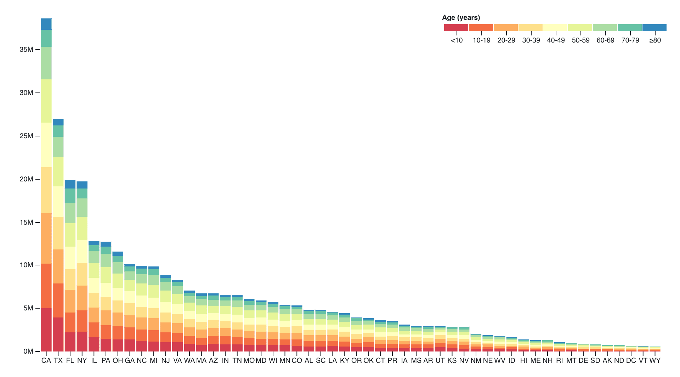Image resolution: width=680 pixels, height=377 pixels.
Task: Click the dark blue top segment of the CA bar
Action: tap(46, 24)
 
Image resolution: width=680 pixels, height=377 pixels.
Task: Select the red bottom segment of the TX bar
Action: tap(58, 334)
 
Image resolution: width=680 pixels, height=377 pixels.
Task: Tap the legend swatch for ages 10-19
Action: tap(481, 28)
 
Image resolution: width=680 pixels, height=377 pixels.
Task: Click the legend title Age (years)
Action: tap(461, 18)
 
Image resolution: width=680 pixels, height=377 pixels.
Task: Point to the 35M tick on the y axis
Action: tap(26, 50)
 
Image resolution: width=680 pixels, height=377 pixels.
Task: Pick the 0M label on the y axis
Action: tap(28, 351)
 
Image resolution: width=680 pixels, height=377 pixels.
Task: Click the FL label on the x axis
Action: tap(70, 361)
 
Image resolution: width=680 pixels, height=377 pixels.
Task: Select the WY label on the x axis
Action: tap(655, 361)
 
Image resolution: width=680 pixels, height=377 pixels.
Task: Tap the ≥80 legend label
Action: tap(655, 40)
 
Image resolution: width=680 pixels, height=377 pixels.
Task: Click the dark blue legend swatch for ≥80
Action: tap(654, 28)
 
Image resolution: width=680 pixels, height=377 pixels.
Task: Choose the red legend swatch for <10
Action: tap(456, 28)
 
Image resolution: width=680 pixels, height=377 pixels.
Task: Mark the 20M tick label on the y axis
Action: tap(26, 179)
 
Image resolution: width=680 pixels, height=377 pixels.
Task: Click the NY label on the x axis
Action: tap(82, 361)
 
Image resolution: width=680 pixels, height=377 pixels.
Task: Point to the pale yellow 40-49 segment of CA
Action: tap(46, 145)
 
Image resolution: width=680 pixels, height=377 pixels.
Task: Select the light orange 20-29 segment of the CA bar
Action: tap(46, 238)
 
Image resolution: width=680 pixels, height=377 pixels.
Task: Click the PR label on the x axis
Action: tap(392, 361)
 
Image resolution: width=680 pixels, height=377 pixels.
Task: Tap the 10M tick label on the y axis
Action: tap(26, 265)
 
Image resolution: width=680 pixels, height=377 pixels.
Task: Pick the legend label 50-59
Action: tap(580, 40)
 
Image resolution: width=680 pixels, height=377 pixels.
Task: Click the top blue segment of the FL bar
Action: tap(70, 184)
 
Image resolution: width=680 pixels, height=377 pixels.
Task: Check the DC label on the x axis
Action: tap(631, 361)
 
